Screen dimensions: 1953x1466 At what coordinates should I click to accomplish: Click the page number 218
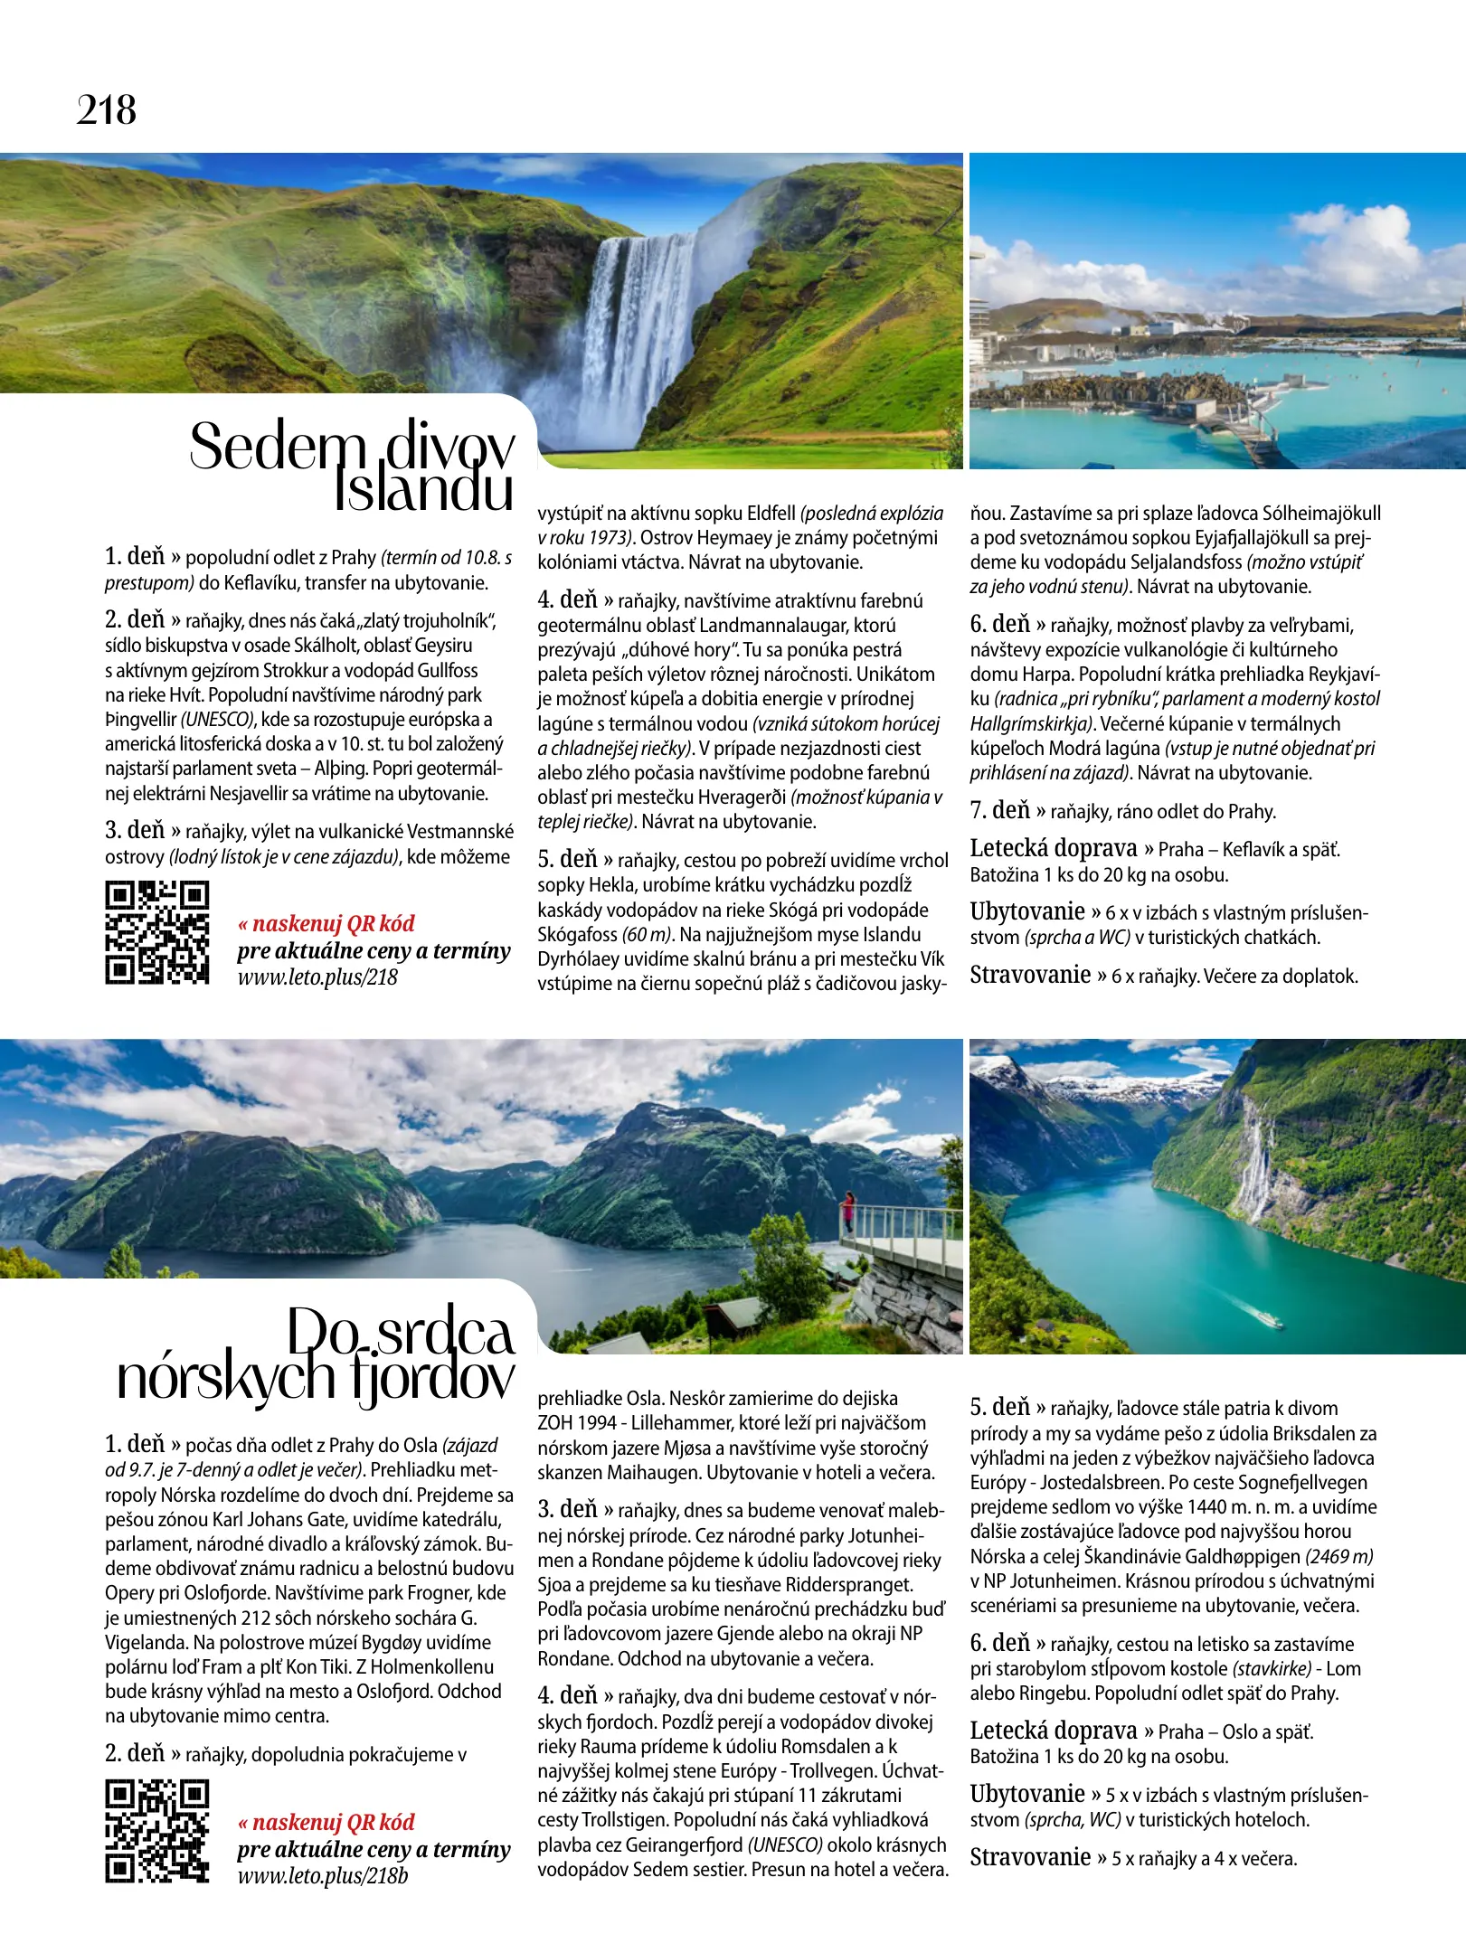pyautogui.click(x=107, y=111)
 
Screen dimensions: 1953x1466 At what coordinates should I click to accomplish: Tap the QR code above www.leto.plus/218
pyautogui.click(x=157, y=932)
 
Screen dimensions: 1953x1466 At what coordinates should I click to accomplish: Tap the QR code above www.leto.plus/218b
pyautogui.click(x=157, y=1831)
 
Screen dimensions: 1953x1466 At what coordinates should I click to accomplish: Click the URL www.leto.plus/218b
pyautogui.click(x=323, y=1875)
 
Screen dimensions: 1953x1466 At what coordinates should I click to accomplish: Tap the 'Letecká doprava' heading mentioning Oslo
pyautogui.click(x=1054, y=1731)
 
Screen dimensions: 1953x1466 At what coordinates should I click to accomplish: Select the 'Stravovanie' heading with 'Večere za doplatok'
pyautogui.click(x=1030, y=975)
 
